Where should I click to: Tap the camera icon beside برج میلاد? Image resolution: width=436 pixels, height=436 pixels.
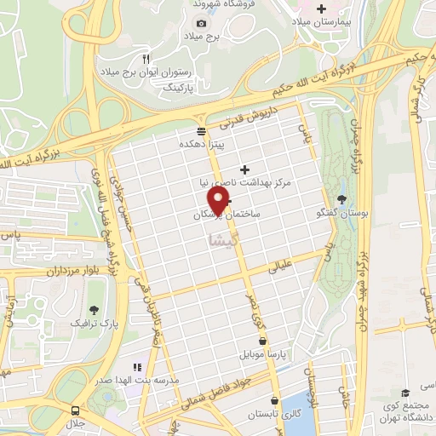pos(201,24)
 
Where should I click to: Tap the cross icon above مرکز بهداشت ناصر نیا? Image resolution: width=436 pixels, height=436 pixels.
pos(245,169)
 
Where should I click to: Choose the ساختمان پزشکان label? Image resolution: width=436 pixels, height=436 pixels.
pos(227,215)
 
